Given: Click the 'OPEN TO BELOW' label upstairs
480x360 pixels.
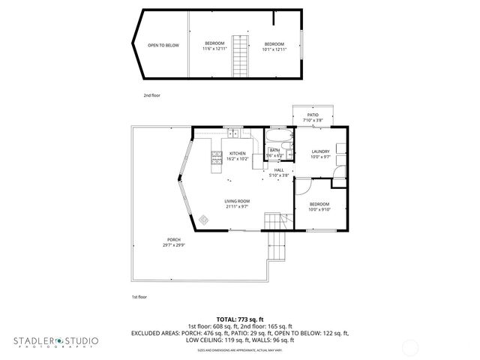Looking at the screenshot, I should click(x=163, y=45).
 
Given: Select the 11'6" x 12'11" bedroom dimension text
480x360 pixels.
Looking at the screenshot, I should click(x=214, y=49).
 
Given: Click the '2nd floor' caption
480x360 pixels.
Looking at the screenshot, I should click(x=152, y=95).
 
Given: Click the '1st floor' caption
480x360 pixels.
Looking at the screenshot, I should click(x=139, y=298).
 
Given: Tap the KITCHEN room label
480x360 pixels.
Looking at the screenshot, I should click(x=237, y=153).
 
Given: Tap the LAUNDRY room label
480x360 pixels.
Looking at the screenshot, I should click(x=321, y=151).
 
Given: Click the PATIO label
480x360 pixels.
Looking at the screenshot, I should click(x=312, y=115).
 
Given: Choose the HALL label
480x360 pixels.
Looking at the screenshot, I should click(x=278, y=170).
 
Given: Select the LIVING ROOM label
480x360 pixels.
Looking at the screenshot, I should click(x=237, y=201).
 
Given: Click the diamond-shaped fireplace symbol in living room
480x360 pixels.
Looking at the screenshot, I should click(x=204, y=220).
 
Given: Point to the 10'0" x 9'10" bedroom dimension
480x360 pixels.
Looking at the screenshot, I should click(x=321, y=210).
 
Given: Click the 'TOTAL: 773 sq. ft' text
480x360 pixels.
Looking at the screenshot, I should click(x=240, y=319).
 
